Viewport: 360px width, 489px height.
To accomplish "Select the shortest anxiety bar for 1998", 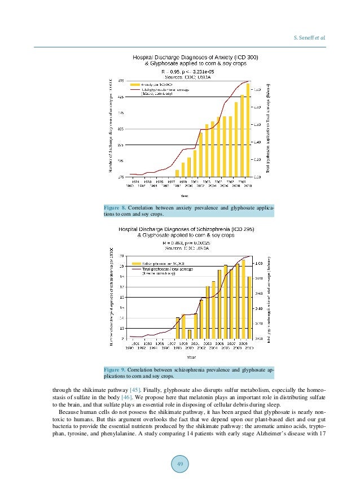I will (x=177, y=173).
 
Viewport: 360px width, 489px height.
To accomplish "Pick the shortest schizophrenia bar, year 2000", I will (x=190, y=334).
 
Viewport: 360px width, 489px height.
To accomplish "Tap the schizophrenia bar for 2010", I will (x=249, y=307).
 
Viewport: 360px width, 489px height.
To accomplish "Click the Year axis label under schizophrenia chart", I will (x=193, y=356).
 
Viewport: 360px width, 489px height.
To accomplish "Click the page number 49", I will (x=180, y=464).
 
